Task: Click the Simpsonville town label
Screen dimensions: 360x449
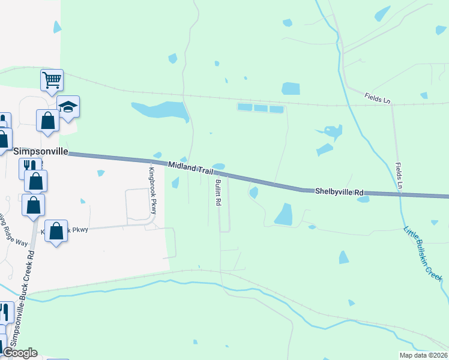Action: [x=40, y=152]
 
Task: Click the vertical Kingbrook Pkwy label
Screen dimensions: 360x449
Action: [x=152, y=191]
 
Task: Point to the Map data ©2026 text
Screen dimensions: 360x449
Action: [x=422, y=355]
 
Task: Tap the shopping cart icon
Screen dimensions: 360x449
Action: [x=52, y=79]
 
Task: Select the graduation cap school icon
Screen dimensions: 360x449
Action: [x=68, y=107]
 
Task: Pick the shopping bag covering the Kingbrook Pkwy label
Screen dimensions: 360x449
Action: [x=56, y=230]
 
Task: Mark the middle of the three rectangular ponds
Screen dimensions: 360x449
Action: [x=260, y=108]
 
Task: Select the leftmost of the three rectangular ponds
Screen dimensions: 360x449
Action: [x=244, y=107]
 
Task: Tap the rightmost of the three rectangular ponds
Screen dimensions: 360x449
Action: [x=276, y=109]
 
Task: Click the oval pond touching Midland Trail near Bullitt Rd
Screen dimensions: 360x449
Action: [x=218, y=166]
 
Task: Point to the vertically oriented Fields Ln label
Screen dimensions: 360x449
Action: [x=398, y=176]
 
